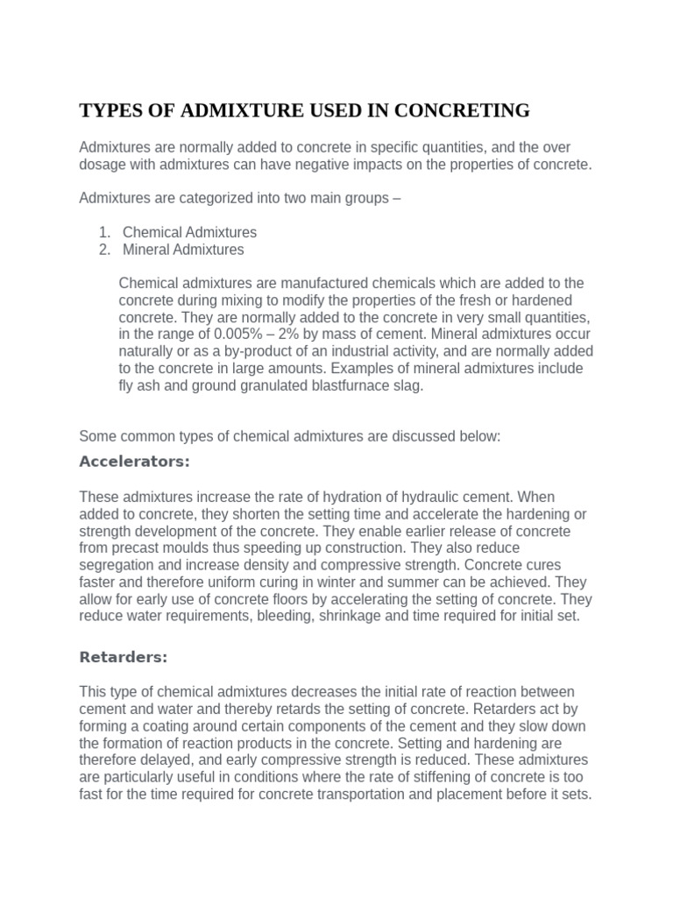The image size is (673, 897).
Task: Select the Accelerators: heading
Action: pyautogui.click(x=134, y=461)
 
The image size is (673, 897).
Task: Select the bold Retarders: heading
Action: pyautogui.click(x=123, y=656)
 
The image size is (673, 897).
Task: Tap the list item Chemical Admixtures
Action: pyautogui.click(x=189, y=232)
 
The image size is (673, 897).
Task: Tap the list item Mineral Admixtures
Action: pyautogui.click(x=183, y=250)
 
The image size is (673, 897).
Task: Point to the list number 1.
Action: pyautogui.click(x=103, y=232)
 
